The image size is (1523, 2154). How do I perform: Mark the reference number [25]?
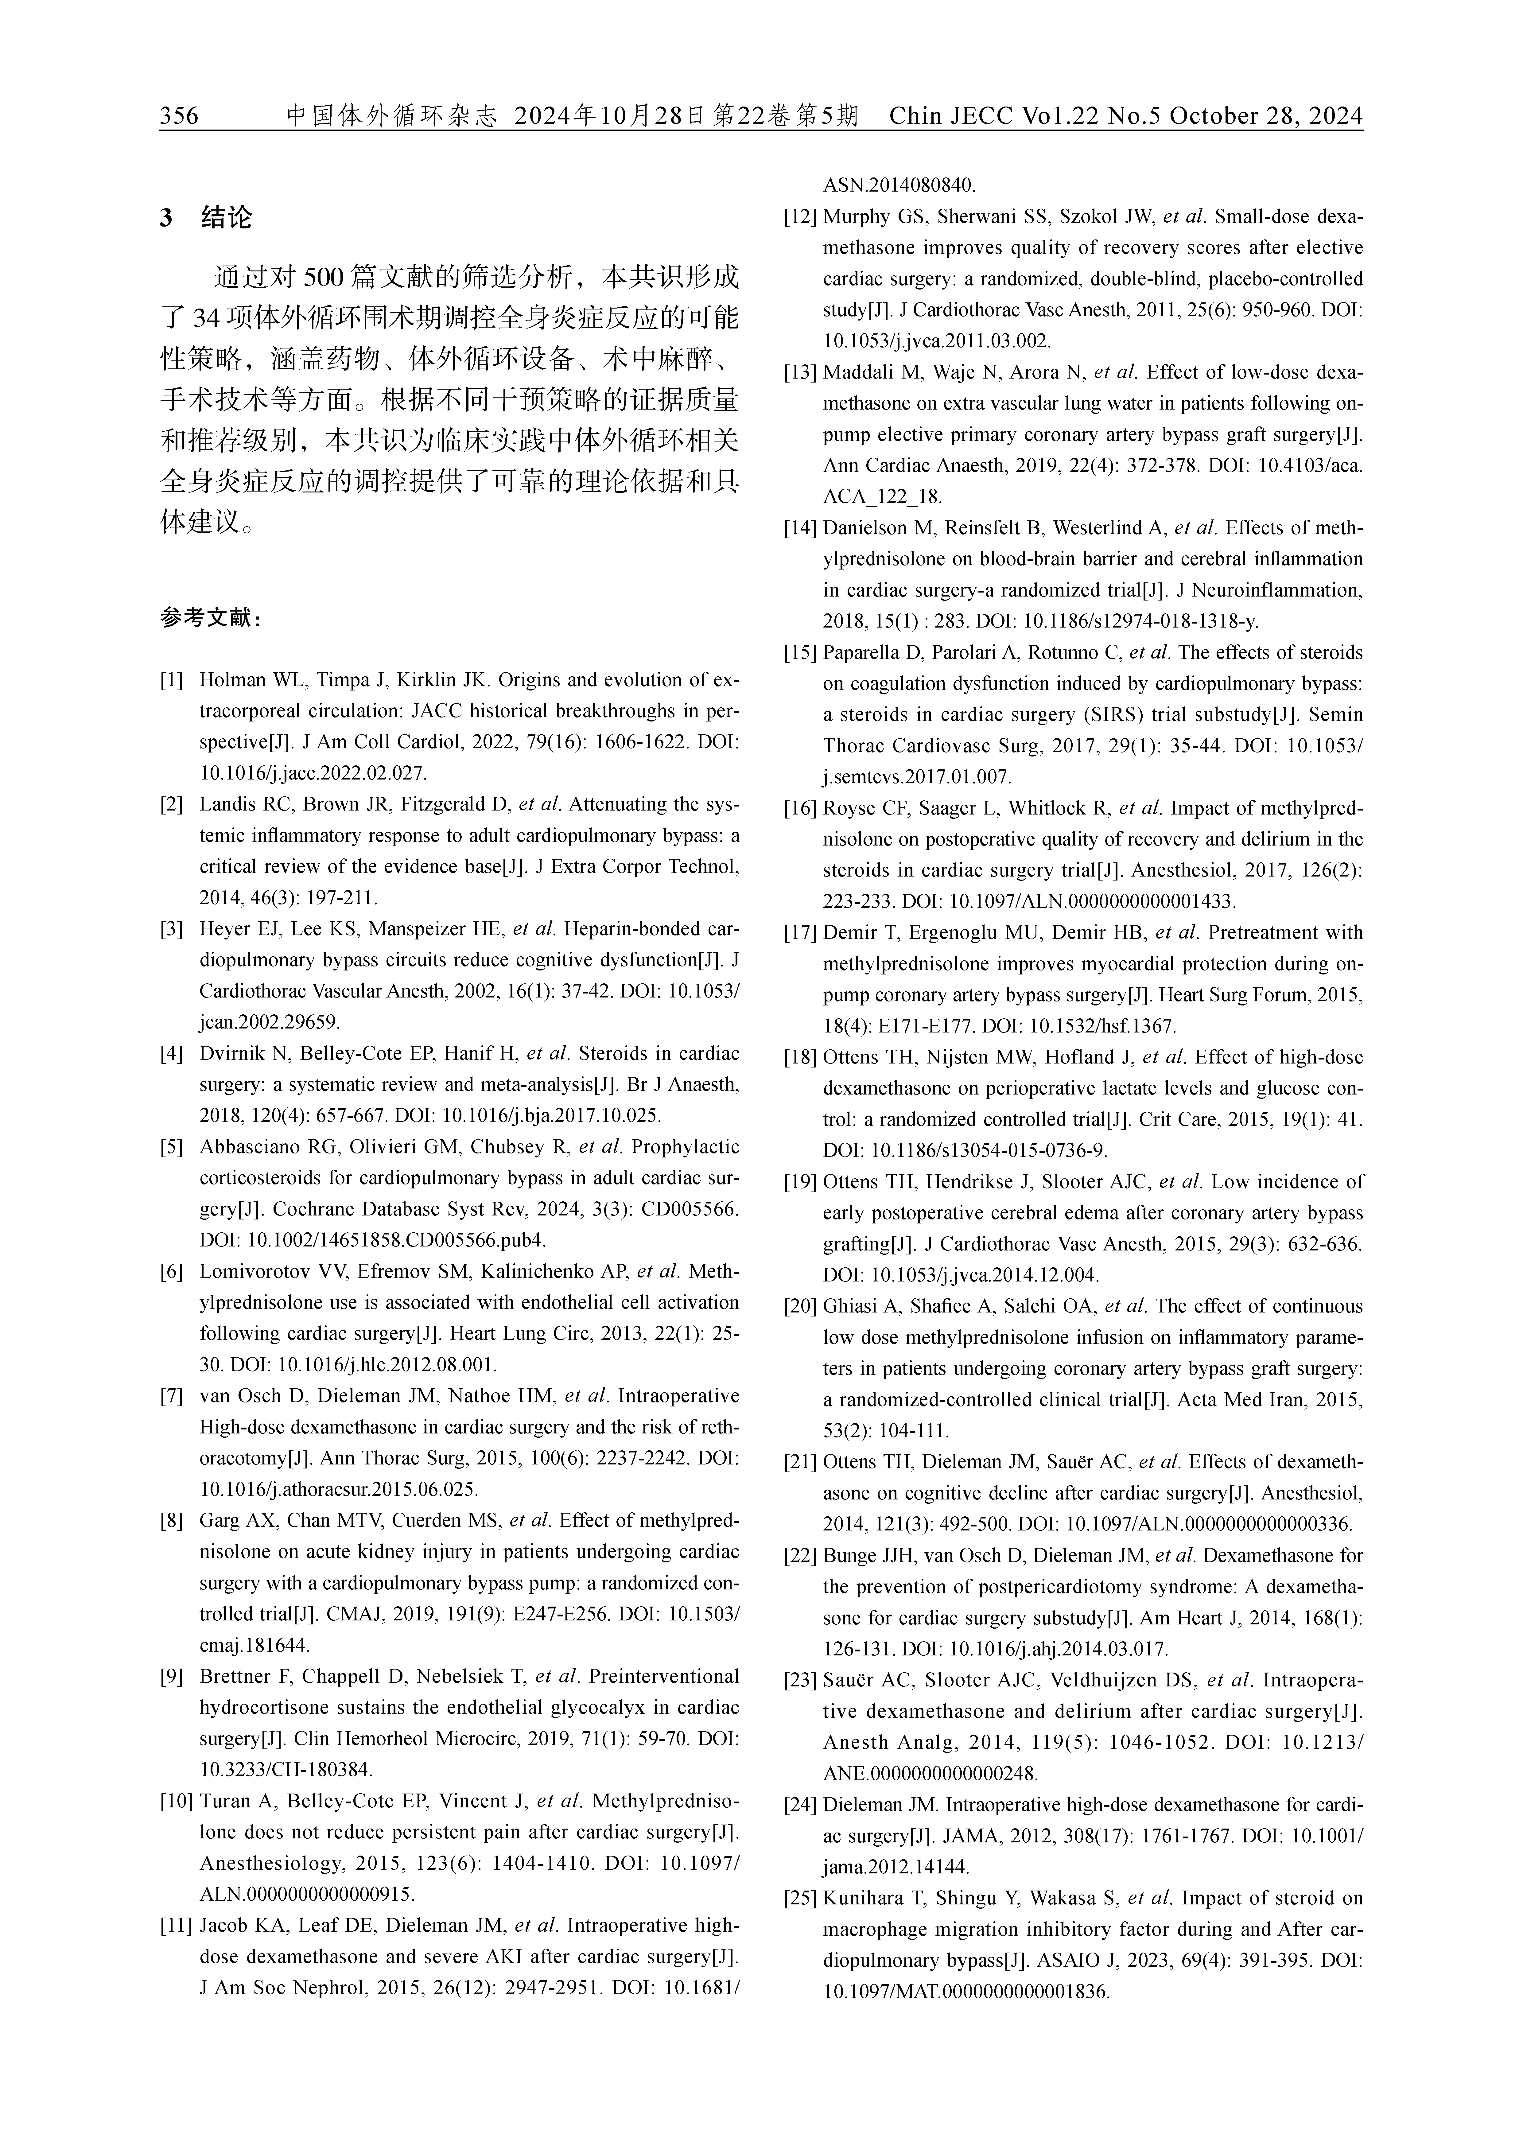tap(799, 1898)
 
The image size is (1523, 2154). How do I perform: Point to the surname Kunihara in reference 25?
tap(863, 1898)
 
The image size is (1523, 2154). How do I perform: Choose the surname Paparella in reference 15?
tap(865, 653)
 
